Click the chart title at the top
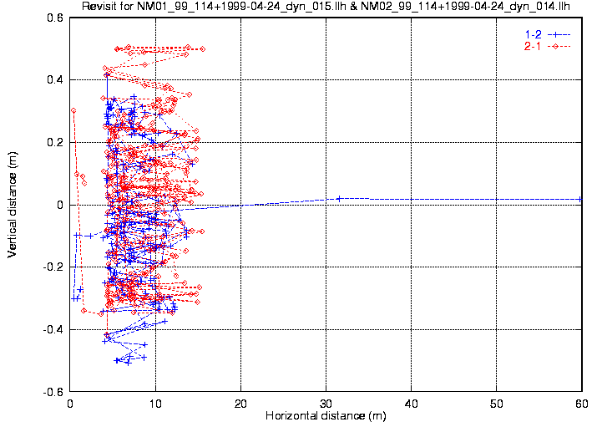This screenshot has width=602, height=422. tap(326, 8)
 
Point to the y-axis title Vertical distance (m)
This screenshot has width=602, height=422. tap(12, 204)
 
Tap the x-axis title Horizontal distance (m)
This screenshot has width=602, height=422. tap(326, 415)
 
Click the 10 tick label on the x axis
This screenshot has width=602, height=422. tap(155, 402)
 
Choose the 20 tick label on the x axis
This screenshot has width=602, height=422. tap(240, 402)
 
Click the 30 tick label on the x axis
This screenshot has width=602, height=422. tap(326, 402)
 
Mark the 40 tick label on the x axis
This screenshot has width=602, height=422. tap(411, 402)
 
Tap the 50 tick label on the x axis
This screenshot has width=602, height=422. tap(496, 402)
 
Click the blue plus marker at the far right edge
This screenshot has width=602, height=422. tap(581, 199)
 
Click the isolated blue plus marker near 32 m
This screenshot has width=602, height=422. tap(340, 198)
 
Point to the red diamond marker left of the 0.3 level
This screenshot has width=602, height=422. tap(73, 110)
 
